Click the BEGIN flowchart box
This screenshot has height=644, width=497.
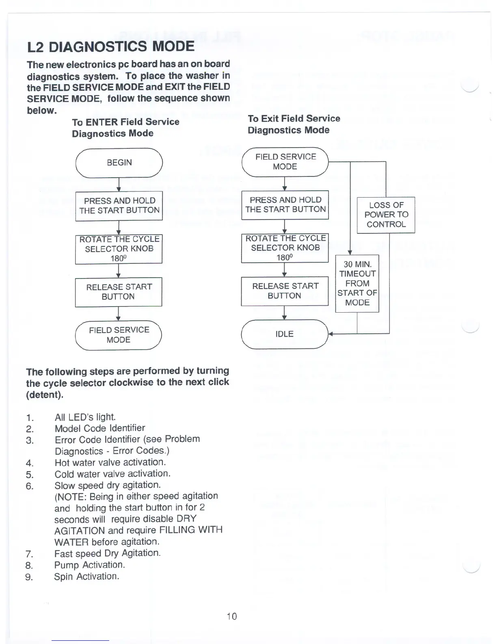119,163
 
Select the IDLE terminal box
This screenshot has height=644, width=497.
284,334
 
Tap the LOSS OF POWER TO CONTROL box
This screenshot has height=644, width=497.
386,215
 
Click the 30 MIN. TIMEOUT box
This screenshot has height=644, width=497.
357,283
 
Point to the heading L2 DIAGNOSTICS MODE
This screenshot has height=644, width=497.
111,46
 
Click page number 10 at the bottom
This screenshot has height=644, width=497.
232,616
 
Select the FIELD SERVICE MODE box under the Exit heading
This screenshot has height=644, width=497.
285,162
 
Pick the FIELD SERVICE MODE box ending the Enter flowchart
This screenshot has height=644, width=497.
119,335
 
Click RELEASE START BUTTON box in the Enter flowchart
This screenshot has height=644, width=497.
119,292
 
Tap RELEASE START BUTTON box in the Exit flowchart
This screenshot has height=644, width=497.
285,291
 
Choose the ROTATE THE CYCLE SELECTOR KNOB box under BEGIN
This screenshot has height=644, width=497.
119,249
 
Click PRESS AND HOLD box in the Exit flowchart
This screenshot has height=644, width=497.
285,205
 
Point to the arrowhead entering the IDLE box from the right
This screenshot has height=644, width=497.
331,334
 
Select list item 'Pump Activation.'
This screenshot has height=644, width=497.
89,565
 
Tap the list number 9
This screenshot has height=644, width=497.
29,577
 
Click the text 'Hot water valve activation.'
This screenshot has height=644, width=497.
110,462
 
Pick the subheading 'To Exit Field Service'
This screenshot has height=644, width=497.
294,119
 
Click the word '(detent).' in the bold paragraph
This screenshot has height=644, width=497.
45,395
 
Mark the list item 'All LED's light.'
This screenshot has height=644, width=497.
85,417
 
